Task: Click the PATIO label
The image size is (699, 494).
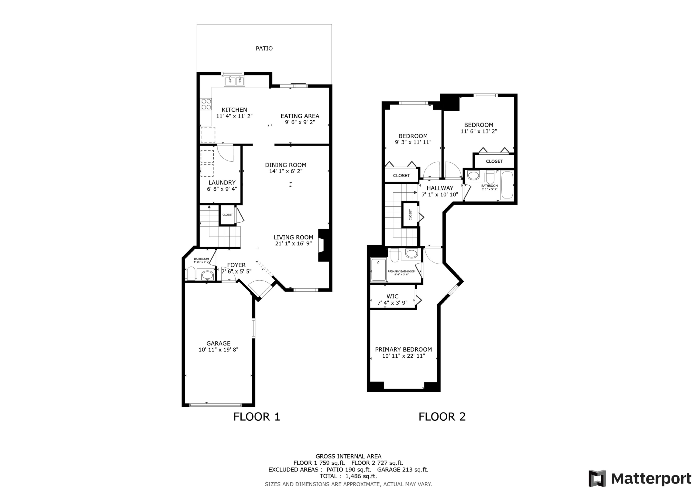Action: click(264, 48)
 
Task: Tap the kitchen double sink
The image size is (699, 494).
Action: click(234, 82)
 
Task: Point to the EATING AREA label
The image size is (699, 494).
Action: click(300, 116)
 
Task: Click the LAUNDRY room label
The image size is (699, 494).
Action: click(222, 183)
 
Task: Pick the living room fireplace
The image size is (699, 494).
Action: click(324, 245)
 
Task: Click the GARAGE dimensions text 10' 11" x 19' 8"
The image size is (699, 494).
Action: click(218, 350)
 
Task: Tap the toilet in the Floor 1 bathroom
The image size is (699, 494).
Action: click(191, 273)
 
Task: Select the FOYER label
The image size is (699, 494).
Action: click(236, 265)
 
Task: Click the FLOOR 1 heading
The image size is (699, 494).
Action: click(257, 417)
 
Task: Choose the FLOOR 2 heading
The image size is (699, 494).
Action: click(442, 417)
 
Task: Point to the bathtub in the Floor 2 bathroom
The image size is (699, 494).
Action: click(507, 185)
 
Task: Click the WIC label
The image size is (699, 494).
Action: click(392, 296)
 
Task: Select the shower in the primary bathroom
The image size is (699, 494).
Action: click(378, 269)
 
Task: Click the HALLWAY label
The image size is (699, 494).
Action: click(440, 188)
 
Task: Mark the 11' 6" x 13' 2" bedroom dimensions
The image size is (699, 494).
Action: click(479, 132)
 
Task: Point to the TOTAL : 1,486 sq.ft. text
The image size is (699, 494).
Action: click(348, 476)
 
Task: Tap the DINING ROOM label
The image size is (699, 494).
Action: click(286, 165)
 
